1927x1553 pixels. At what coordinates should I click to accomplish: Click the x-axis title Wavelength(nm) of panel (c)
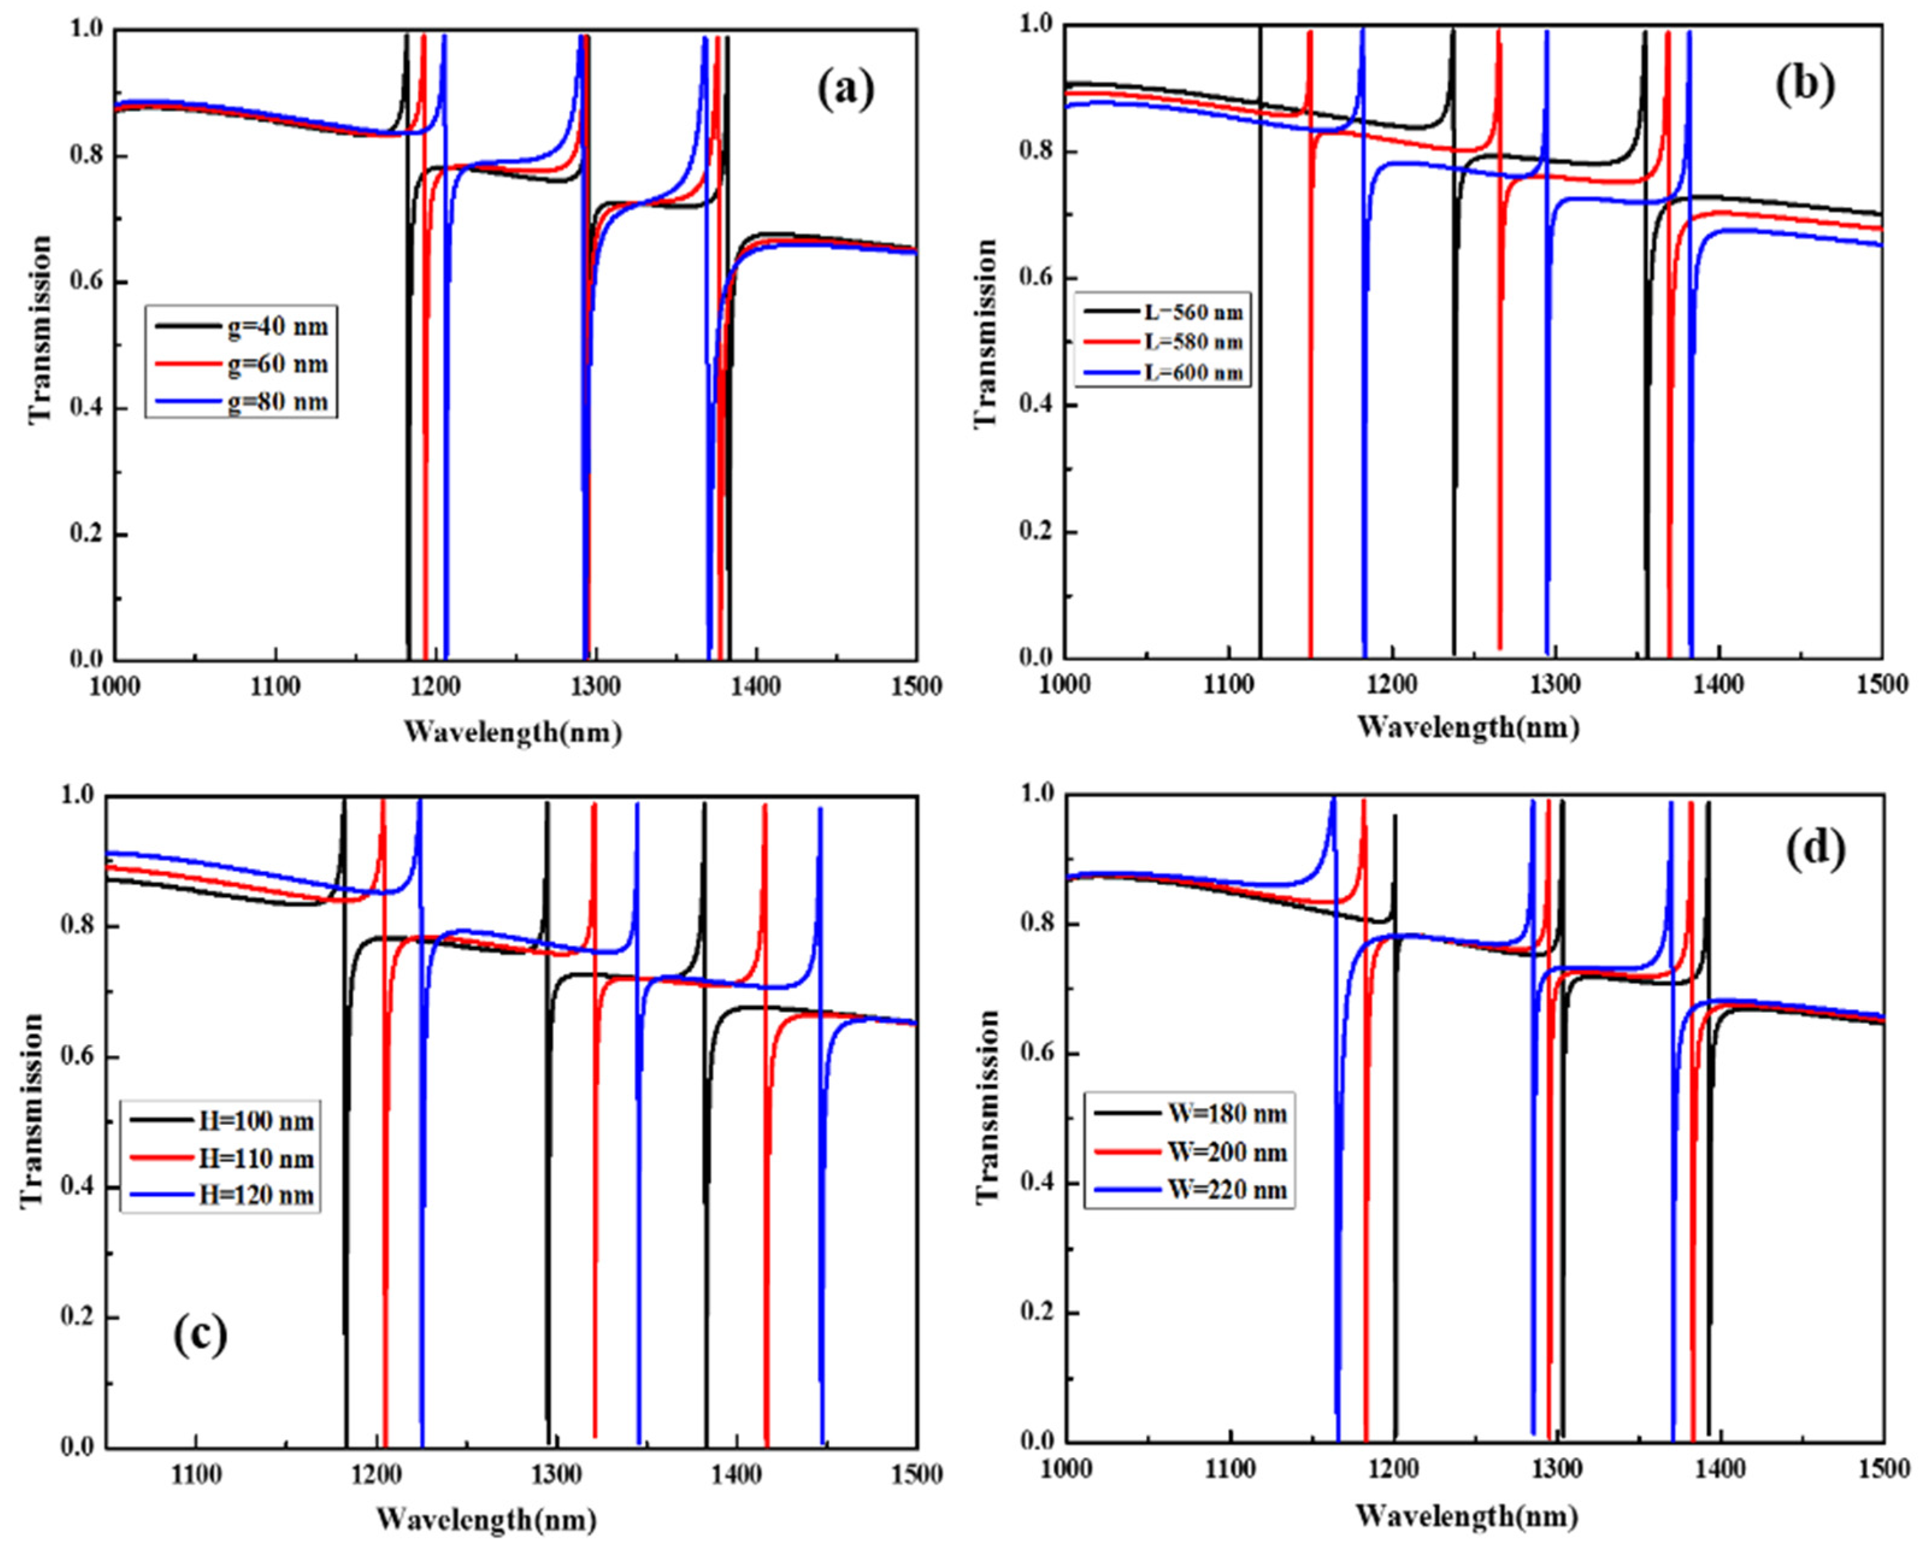point(486,1520)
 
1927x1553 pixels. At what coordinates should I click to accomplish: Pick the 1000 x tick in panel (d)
point(1065,1476)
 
